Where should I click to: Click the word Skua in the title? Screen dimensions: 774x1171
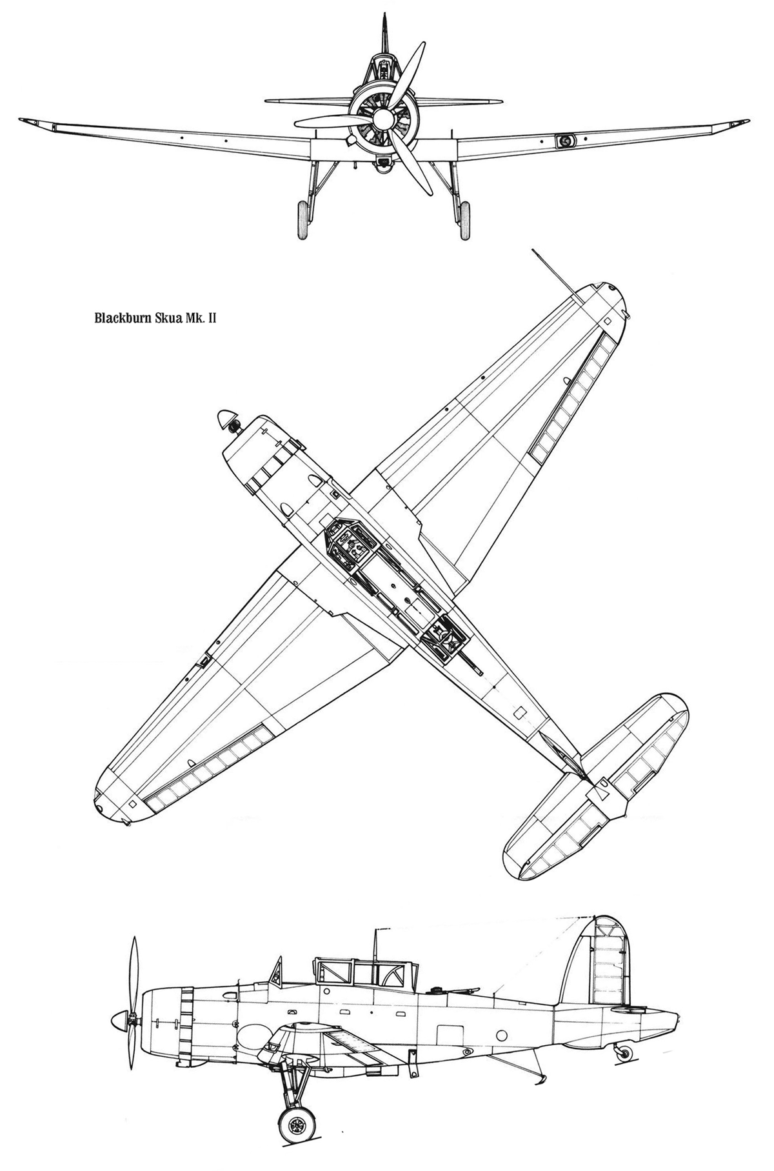coord(166,317)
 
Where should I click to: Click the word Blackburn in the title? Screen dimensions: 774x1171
coord(123,317)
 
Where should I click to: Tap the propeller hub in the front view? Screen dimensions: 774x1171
coord(383,118)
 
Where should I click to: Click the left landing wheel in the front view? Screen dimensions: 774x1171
coord(302,220)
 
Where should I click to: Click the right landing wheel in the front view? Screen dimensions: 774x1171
coord(464,220)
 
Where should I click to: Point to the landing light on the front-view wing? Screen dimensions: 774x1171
coord(566,140)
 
